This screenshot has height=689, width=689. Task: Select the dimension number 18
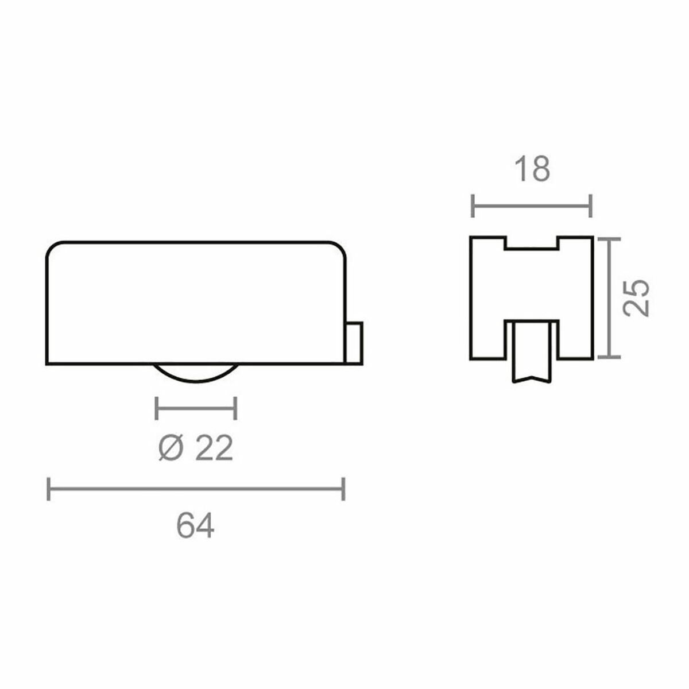click(x=532, y=169)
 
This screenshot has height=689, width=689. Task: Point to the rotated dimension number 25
click(x=637, y=297)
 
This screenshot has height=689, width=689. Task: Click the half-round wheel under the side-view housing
click(x=196, y=374)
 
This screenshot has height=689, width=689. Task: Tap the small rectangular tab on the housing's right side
click(x=354, y=343)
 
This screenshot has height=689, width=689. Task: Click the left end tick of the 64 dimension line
click(x=49, y=489)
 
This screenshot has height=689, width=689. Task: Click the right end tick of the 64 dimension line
click(x=343, y=489)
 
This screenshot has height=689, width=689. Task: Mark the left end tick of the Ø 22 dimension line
click(x=157, y=409)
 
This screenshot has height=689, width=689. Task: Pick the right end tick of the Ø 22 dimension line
click(x=235, y=409)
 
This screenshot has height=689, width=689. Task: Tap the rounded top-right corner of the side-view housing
click(x=340, y=248)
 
